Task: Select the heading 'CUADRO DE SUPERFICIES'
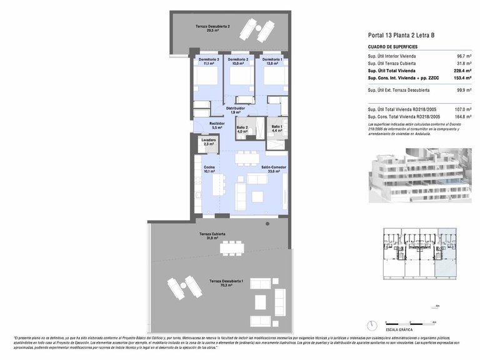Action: point(392,47)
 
